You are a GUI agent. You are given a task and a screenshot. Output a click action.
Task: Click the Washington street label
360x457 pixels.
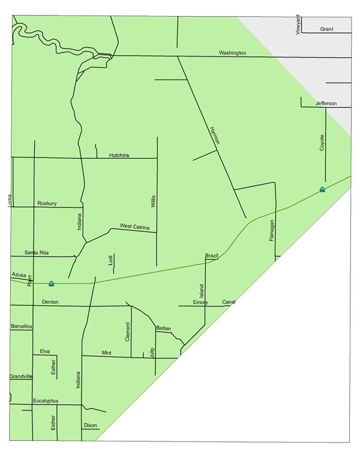point(232,53)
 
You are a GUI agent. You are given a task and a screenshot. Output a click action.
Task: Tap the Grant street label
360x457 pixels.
point(326,29)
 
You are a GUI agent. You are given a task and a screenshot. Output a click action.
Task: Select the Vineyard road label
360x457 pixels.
point(298,24)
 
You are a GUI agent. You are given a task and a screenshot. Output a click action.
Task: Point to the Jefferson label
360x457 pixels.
point(326,104)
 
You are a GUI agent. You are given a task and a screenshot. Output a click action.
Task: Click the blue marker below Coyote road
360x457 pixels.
point(323,190)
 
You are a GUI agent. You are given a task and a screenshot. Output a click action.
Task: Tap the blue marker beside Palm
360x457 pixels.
point(51,282)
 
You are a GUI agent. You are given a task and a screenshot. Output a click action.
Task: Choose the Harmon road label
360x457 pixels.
point(215,136)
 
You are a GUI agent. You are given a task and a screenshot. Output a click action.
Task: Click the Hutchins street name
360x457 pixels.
point(119,155)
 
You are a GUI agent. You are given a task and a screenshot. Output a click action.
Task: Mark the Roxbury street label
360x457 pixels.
point(47,204)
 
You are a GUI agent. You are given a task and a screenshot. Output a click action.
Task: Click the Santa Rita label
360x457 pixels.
point(37,253)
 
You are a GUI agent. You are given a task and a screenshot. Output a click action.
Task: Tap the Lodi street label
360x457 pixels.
point(110,260)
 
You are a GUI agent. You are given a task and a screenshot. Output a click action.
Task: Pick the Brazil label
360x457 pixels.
point(211,256)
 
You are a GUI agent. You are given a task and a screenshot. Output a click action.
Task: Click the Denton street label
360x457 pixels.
point(50,302)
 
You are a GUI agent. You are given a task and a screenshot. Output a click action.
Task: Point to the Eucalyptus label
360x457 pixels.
point(47,400)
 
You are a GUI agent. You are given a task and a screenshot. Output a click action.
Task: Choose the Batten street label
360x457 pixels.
point(163,329)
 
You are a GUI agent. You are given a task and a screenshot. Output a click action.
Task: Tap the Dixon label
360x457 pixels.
point(90,425)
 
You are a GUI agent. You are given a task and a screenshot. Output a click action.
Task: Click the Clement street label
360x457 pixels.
point(127,332)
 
